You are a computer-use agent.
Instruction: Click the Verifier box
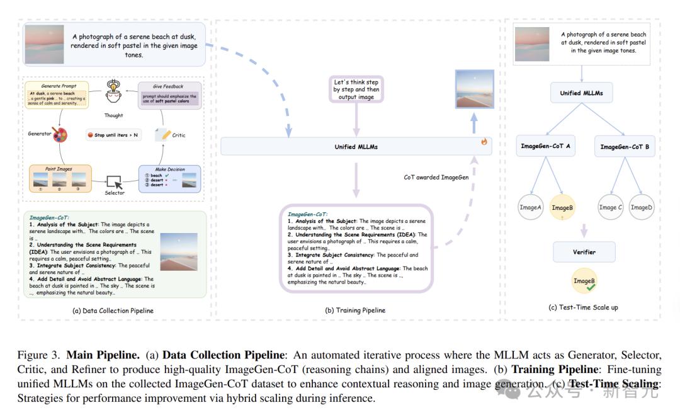[584, 252]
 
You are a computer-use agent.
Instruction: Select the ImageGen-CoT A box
[545, 147]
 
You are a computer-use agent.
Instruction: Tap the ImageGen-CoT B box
[625, 147]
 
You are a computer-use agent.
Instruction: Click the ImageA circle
[530, 207]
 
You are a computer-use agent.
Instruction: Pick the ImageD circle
[641, 207]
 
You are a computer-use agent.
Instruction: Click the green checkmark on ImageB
[591, 287]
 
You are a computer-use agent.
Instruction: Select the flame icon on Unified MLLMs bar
[484, 142]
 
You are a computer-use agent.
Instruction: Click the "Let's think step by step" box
[356, 89]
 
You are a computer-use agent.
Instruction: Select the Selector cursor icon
[114, 181]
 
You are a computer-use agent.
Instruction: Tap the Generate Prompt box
[59, 94]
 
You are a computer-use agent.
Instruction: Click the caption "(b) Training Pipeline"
[355, 310]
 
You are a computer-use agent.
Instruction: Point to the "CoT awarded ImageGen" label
[436, 178]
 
